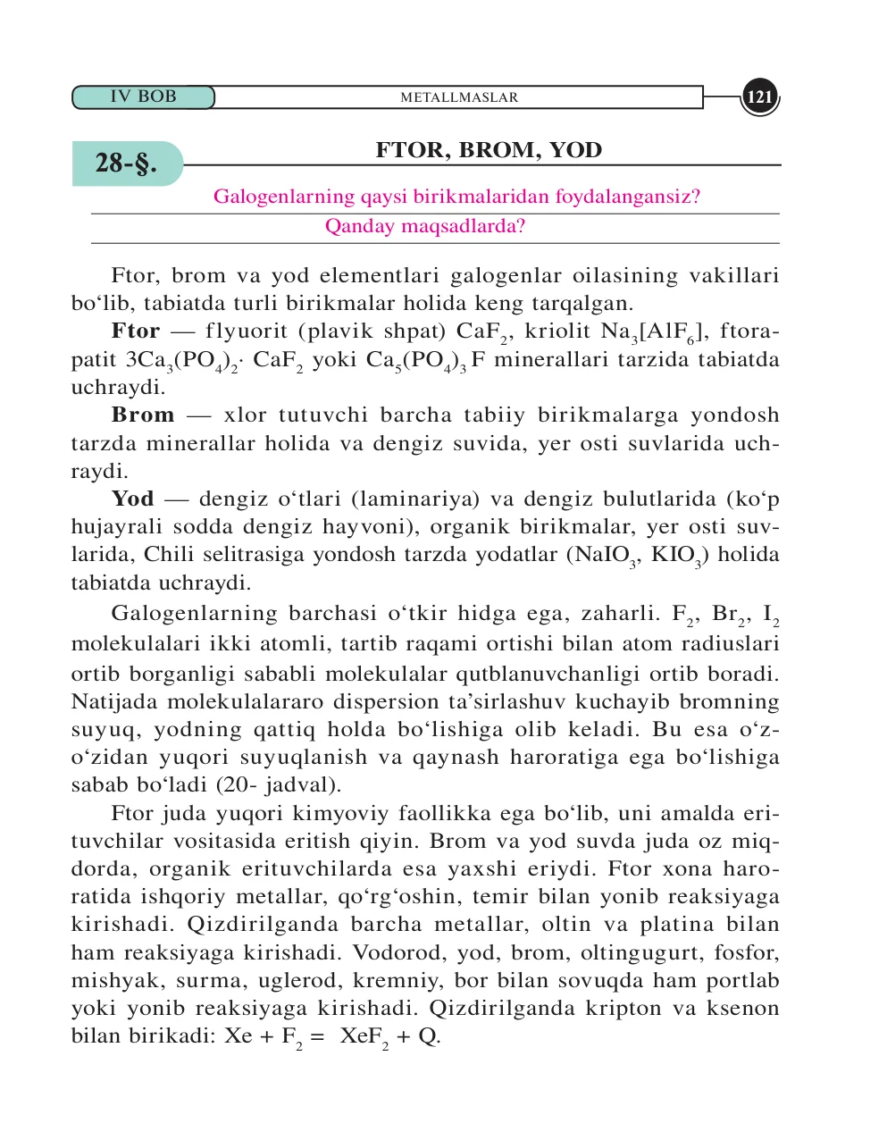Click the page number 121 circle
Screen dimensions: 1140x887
[759, 97]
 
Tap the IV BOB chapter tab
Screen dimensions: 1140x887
[143, 96]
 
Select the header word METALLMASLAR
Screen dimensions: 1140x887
[459, 97]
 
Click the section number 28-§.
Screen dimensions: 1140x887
[126, 163]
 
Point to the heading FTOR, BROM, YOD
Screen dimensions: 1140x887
[489, 150]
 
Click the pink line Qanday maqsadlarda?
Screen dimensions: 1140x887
[425, 226]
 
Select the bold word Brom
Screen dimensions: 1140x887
[143, 415]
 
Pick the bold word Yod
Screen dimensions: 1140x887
[132, 499]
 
